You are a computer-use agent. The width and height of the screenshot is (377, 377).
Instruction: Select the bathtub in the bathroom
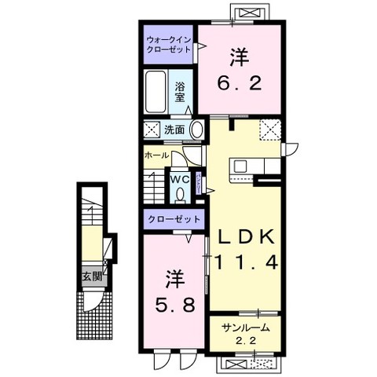coord(156,93)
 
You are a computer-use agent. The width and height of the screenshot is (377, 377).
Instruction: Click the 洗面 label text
coord(174,130)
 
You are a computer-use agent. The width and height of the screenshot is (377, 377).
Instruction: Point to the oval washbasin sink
coord(197,130)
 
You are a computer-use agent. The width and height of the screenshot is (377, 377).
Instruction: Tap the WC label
coord(180,178)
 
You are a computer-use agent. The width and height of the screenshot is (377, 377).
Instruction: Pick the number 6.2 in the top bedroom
coord(239,81)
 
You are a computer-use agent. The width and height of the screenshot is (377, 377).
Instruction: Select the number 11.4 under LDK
coord(244,264)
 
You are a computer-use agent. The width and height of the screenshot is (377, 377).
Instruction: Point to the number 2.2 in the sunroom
coord(245,342)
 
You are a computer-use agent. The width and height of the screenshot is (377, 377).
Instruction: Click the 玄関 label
coord(93,276)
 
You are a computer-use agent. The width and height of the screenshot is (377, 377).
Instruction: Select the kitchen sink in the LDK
coord(240,166)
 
